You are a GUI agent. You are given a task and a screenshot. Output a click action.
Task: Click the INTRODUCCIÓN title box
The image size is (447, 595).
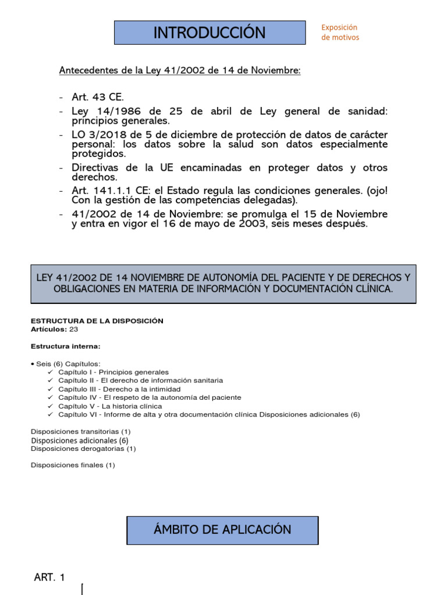click(x=210, y=33)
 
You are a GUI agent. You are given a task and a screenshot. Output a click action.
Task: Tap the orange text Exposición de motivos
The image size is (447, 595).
click(x=340, y=33)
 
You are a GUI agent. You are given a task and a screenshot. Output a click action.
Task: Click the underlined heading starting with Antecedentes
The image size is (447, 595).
click(x=180, y=70)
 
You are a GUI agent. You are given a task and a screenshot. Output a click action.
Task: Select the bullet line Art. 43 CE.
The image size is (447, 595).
click(x=98, y=96)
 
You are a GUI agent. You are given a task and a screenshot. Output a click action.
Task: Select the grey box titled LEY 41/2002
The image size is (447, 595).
click(x=223, y=284)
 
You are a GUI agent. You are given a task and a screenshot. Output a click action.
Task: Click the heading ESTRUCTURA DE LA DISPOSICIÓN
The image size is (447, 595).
click(x=97, y=321)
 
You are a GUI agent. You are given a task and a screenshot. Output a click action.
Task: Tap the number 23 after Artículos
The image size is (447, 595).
click(x=73, y=329)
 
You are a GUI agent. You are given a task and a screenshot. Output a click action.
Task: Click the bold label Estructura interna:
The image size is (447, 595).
click(x=65, y=346)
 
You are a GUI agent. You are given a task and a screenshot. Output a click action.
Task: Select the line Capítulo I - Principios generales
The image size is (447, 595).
click(x=113, y=372)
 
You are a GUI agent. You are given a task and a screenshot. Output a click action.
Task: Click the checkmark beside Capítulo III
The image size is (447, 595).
click(x=51, y=389)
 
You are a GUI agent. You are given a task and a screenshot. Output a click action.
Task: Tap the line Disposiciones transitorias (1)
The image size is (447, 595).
click(x=81, y=432)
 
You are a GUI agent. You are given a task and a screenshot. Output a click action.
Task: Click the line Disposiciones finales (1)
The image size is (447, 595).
click(x=73, y=465)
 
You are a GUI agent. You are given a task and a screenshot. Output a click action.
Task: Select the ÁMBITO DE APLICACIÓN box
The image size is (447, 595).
click(x=222, y=530)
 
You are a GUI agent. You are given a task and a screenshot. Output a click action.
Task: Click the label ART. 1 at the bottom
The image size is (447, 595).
click(x=49, y=577)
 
